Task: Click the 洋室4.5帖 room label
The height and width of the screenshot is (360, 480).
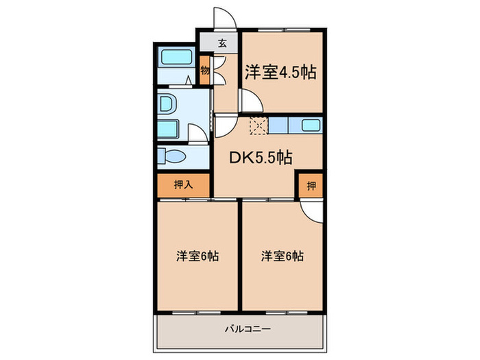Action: [x=280, y=72]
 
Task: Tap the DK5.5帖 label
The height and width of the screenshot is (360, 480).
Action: [x=261, y=157]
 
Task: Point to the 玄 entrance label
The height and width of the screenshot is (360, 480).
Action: [x=221, y=43]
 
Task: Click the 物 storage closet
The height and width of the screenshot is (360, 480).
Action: [x=205, y=71]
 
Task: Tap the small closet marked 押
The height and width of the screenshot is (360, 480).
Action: [x=310, y=185]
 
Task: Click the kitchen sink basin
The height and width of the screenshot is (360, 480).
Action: [x=310, y=125]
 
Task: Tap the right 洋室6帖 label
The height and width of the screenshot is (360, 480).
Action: [x=282, y=256]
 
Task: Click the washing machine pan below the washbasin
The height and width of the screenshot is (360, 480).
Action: [x=168, y=128]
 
